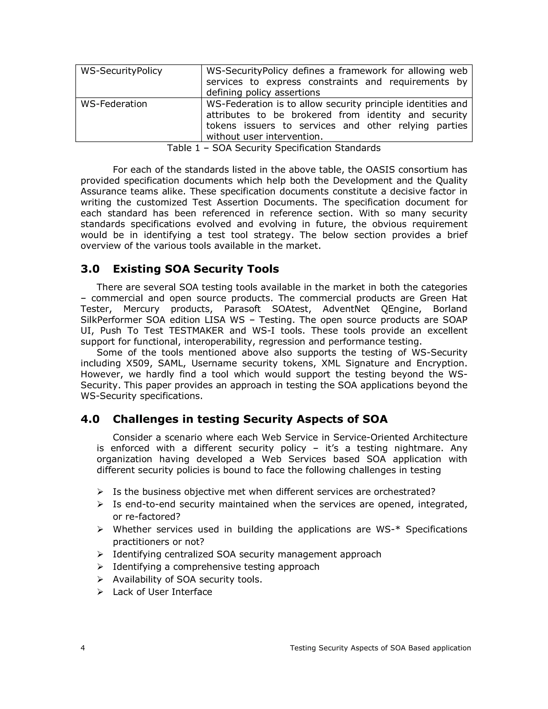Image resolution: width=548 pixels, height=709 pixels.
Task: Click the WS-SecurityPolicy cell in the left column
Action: [x=121, y=71]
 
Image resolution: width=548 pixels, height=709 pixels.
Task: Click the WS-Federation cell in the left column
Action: [x=114, y=104]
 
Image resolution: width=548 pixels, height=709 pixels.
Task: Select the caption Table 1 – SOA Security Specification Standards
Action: [x=274, y=148]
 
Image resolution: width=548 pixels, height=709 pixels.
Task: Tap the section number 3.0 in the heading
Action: [x=90, y=269]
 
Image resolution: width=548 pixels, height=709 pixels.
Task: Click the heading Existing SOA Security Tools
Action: [x=196, y=269]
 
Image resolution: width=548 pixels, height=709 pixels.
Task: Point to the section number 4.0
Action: [x=90, y=419]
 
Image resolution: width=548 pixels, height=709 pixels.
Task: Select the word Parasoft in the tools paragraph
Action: [x=242, y=309]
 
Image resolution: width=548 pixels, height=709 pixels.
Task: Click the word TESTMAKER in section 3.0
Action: [x=196, y=331]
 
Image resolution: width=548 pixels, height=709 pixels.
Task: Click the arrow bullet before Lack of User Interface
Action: [x=100, y=592]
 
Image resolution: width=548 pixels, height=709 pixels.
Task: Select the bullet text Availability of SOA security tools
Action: [x=187, y=580]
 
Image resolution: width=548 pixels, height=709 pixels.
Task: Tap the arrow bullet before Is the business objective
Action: [x=100, y=492]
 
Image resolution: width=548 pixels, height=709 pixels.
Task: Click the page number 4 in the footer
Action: [x=83, y=648]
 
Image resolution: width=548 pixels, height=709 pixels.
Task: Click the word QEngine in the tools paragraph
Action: [x=401, y=309]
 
